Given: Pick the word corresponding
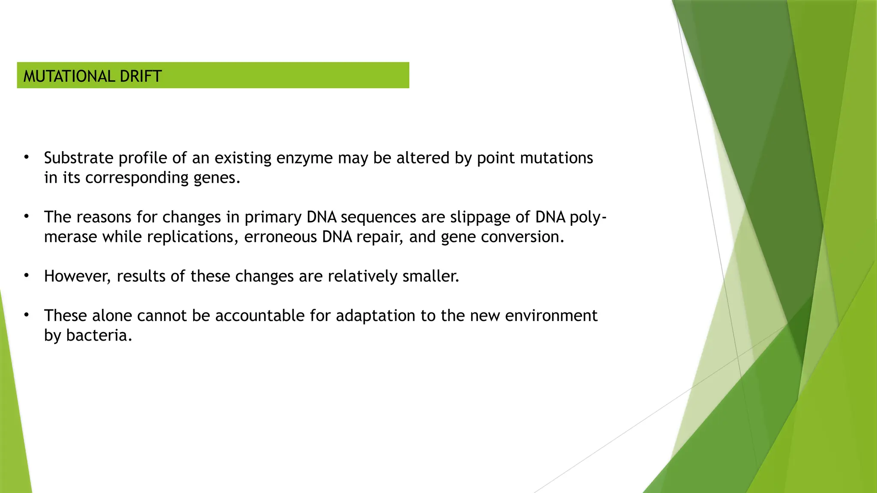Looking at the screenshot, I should [x=137, y=178].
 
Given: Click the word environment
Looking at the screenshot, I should [x=551, y=315].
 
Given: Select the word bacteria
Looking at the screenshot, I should [x=99, y=335].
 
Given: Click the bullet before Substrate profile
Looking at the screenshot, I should [x=27, y=157].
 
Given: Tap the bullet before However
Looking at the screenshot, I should [x=27, y=276].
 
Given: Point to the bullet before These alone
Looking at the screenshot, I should [x=27, y=315].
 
